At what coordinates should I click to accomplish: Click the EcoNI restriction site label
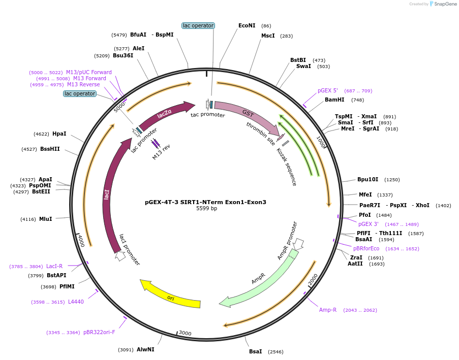tap(247, 25)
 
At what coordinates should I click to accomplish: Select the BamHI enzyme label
tap(334, 100)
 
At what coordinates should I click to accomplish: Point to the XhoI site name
tap(422, 205)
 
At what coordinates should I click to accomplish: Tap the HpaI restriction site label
tap(59, 134)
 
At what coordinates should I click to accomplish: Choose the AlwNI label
tap(145, 349)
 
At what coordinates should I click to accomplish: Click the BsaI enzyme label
tap(256, 351)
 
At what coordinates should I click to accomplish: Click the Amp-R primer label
tap(328, 310)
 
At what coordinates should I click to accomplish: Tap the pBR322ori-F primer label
tap(99, 333)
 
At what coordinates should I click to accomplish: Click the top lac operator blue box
tap(198, 25)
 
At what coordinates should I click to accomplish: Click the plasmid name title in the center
tap(205, 202)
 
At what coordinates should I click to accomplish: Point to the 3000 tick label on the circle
tap(185, 333)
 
